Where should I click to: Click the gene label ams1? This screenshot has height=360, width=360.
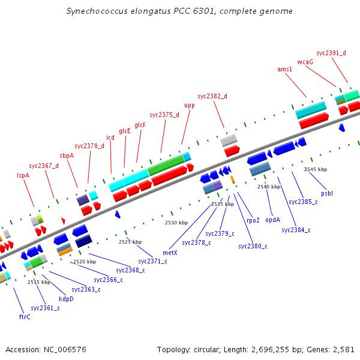click(x=284, y=69)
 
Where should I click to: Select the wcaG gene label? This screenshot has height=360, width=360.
click(x=305, y=61)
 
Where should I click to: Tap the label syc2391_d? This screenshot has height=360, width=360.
click(x=331, y=53)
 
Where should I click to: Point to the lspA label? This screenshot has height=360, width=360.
click(x=23, y=175)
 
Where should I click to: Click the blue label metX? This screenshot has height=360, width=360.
click(x=170, y=253)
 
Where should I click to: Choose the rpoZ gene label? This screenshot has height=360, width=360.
click(x=253, y=220)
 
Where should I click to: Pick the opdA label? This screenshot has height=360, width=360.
click(x=272, y=219)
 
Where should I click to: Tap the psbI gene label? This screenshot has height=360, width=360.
click(x=327, y=193)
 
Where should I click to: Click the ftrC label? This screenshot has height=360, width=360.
click(x=25, y=316)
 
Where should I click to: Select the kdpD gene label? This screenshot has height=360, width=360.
click(x=66, y=298)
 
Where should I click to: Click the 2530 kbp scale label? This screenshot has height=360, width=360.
click(x=176, y=223)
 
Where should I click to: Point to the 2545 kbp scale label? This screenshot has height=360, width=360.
click(x=316, y=169)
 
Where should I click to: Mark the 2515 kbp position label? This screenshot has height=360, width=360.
click(x=38, y=282)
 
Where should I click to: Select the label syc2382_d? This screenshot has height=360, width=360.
click(x=212, y=96)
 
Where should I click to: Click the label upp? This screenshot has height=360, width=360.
click(x=190, y=105)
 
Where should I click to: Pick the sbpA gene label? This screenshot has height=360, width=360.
click(x=67, y=155)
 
